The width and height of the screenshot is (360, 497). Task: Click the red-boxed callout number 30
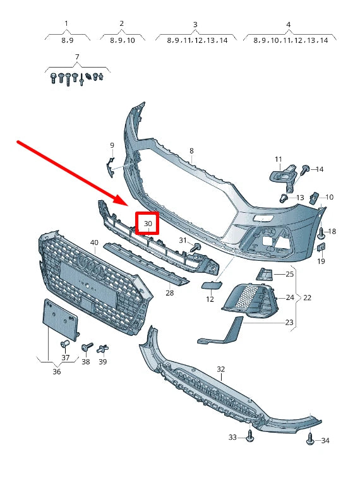[x=148, y=224]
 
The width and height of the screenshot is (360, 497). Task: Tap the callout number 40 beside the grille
[x=94, y=243]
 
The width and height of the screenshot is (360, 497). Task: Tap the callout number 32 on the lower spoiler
[x=220, y=369]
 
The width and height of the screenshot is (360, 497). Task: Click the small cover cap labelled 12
[x=208, y=285]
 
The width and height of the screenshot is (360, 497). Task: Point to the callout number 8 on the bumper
[x=191, y=151]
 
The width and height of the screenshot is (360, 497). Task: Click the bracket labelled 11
[x=283, y=176]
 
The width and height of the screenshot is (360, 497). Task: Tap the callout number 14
[x=320, y=169]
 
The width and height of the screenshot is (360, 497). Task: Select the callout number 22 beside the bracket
[x=308, y=297]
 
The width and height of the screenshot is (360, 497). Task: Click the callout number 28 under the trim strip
[x=169, y=293]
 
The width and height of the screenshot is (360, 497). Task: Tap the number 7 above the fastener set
[x=77, y=57]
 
